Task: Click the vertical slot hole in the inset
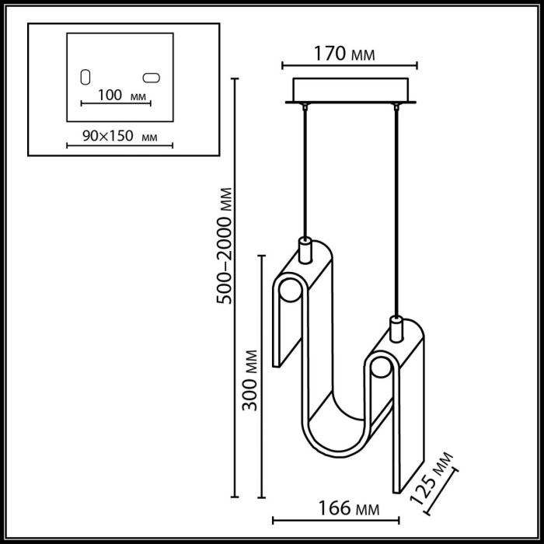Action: tap(86, 78)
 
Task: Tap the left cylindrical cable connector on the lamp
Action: tap(305, 250)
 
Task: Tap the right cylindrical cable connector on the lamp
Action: tap(396, 330)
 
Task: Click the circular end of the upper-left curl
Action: tap(290, 293)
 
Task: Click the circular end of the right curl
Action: tap(380, 373)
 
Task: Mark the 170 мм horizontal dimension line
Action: tap(348, 65)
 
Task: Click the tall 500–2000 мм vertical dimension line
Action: tap(236, 288)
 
